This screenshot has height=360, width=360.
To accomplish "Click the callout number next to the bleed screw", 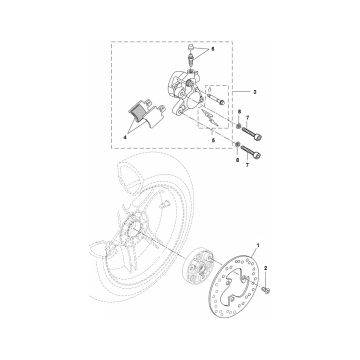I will click(x=210, y=48).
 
